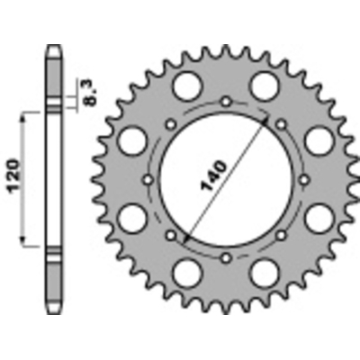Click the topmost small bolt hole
click(x=225, y=97)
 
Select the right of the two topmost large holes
click(x=264, y=86)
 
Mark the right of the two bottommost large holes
click(x=265, y=271)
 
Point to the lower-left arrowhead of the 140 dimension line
click(x=184, y=236)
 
